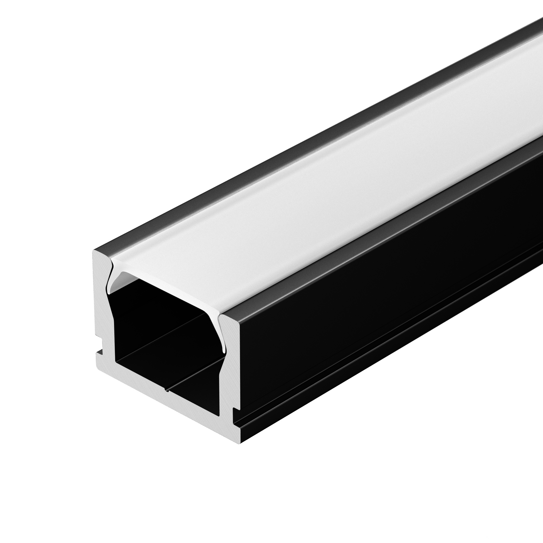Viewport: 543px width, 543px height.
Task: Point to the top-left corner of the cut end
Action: click(x=94, y=251)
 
